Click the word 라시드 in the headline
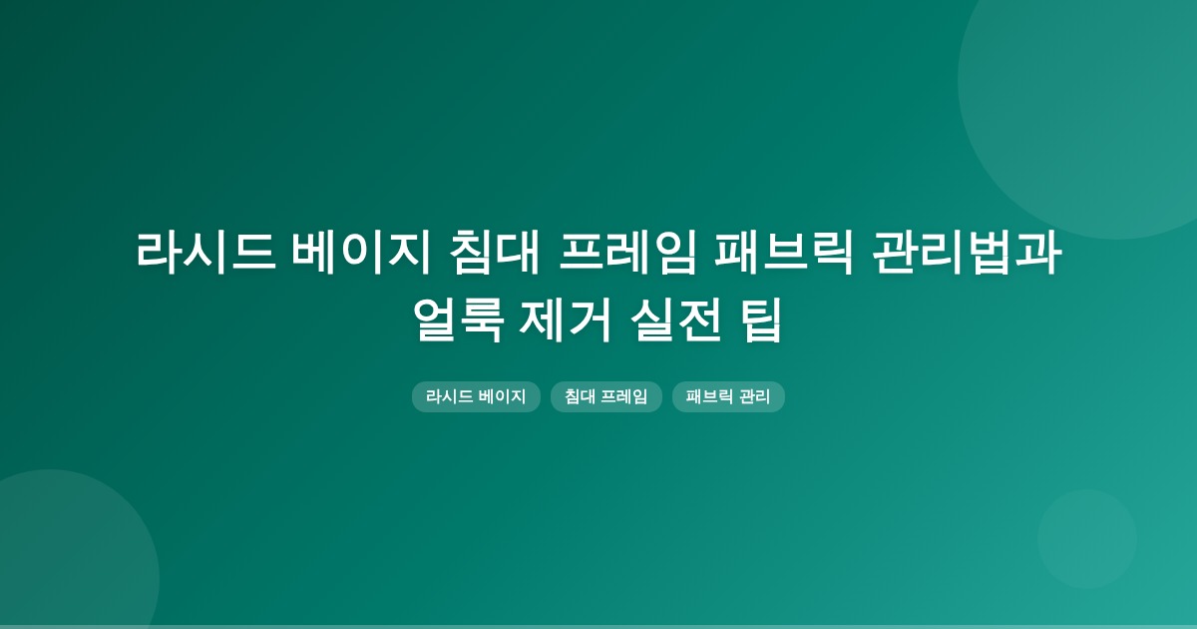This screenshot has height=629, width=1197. pos(206,253)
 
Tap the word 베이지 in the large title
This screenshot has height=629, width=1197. pos(361,253)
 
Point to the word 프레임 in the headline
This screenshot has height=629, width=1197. pos(627,253)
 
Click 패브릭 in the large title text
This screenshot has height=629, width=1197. pos(784,253)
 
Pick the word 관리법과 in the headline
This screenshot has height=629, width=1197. pos(967,253)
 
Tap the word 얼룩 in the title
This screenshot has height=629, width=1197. pos(458,320)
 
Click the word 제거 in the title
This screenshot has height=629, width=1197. pos(566,320)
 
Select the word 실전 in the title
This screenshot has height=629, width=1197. pos(676,320)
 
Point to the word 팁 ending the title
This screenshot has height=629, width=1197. pos(761,320)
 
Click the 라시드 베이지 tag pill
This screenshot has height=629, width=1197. pos(476,397)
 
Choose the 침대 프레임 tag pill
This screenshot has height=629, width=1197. pos(606,397)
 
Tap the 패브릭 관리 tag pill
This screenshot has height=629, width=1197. pos(728,397)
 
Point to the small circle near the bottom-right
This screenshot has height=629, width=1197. pos(1087,539)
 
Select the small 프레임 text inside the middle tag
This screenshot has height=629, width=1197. pos(624,397)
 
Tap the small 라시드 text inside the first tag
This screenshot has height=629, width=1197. pos(450,397)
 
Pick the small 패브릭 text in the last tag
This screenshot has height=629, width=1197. pos(709,397)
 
